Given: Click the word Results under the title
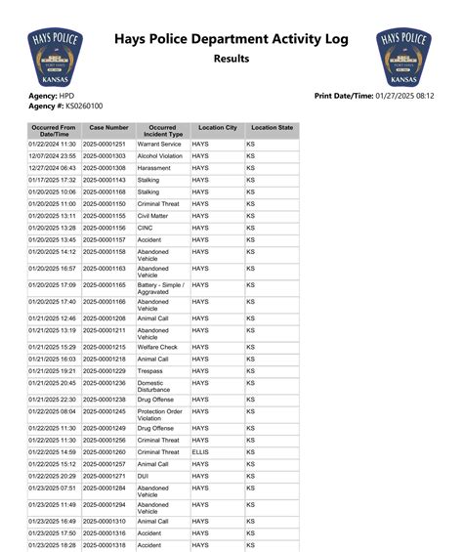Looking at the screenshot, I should [231, 60].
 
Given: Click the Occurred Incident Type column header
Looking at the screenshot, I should [161, 131].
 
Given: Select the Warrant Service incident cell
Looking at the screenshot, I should [159, 144].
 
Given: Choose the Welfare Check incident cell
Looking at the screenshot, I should [157, 347].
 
